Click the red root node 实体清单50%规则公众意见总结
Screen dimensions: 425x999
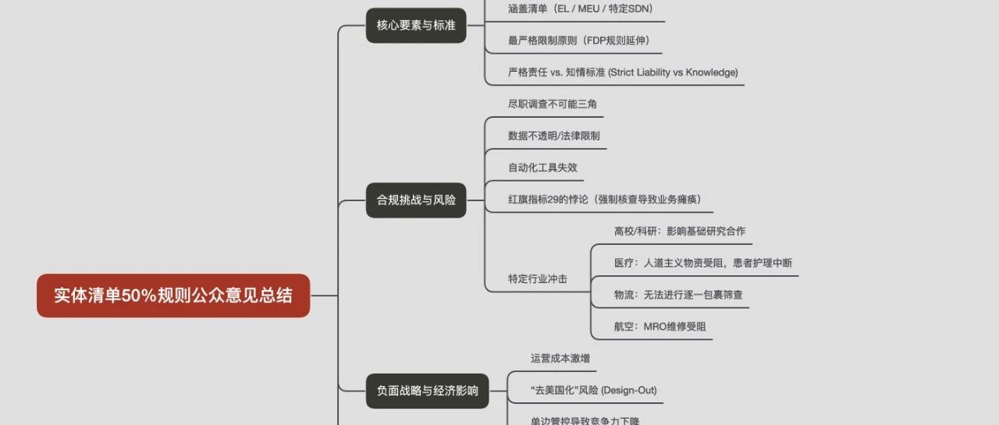pos(173,296)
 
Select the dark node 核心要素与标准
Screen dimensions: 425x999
pos(416,26)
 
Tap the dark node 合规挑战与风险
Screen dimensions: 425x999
pos(416,200)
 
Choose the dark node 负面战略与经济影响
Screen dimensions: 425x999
pos(428,390)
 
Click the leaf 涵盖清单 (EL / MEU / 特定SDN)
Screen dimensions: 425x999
pos(581,9)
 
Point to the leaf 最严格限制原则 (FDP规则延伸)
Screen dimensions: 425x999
pos(578,41)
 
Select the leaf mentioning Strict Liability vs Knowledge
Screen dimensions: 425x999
pos(622,73)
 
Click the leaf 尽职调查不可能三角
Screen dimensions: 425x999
pos(553,104)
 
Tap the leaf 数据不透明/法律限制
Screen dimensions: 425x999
pos(553,136)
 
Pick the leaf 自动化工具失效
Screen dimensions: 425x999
pos(542,167)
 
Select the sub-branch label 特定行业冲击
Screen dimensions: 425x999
pos(537,278)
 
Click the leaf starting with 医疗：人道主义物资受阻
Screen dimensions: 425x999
pos(702,263)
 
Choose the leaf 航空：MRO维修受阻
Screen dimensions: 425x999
pos(659,326)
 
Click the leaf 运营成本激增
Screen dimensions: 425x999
pos(560,358)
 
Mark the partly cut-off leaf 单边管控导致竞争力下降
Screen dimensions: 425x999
pos(585,421)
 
